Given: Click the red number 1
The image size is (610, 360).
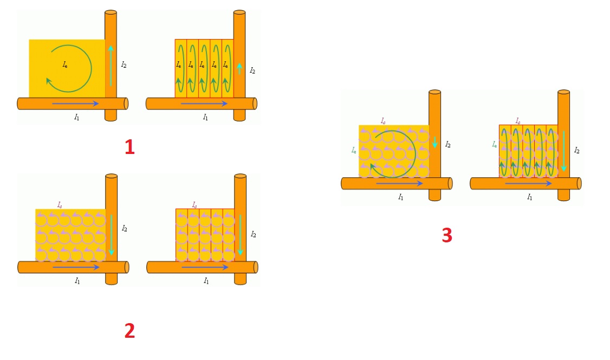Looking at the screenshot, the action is pos(129,147).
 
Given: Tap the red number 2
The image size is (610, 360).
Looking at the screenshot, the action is pos(129,331).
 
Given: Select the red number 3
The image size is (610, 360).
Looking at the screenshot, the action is pos(447,235).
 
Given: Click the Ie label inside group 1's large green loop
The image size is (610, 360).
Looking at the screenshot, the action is pos(65,65).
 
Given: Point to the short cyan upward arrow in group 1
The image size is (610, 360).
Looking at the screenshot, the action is pos(239,68).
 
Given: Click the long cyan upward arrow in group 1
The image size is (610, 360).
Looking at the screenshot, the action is pos(111,66).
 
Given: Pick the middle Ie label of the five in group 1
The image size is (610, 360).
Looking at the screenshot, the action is pos(202,65).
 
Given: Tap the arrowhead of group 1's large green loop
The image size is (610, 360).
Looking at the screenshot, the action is pos(49,81).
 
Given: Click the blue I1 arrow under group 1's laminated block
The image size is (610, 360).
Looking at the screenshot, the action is pos(204,104).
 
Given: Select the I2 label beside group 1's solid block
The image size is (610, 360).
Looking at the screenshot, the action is pos(124,65).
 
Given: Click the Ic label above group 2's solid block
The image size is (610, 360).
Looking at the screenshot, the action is pos(60,205).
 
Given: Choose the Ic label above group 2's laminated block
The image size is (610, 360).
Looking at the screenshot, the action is pos(194,205).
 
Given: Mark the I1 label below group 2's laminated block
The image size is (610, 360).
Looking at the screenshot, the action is pos(206,281).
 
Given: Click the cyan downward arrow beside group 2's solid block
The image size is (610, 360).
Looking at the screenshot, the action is pos(111,235).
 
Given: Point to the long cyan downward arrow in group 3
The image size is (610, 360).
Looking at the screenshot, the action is pos(564,151).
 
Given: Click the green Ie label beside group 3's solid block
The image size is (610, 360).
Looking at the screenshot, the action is pos(354,150).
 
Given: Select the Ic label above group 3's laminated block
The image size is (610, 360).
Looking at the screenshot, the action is pos(518,121).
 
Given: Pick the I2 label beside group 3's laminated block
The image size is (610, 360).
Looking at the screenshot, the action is pos(576,151).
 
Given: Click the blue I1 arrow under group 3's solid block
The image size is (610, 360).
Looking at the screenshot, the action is pos(400,183).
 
